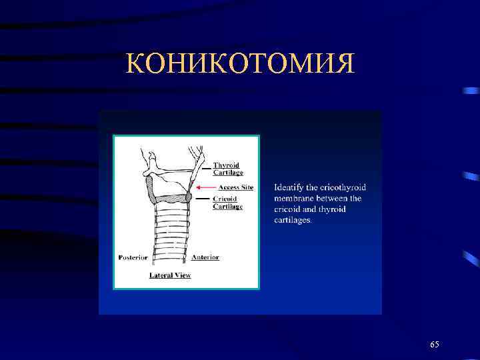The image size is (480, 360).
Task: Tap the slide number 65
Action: pyautogui.click(x=435, y=344)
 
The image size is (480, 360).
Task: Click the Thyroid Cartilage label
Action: pyautogui.click(x=227, y=169)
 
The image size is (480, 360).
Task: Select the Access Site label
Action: pyautogui.click(x=235, y=187)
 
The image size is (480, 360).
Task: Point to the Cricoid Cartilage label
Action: pyautogui.click(x=227, y=203)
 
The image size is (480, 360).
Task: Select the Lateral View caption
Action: pyautogui.click(x=170, y=275)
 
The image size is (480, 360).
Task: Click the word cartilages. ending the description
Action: pyautogui.click(x=293, y=220)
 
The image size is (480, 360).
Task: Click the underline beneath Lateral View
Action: pyautogui.click(x=170, y=279)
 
